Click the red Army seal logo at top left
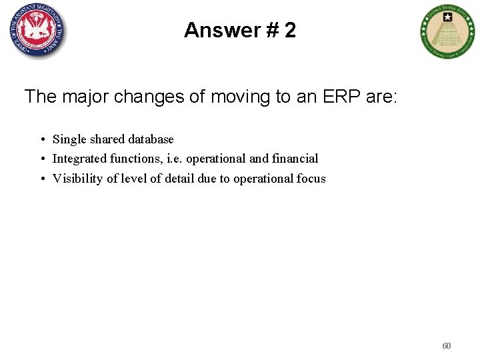pos(38,30)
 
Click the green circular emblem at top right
pos(448,31)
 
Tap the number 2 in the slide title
pos(289,30)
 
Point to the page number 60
pos(446,346)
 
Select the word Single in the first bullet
pos(69,139)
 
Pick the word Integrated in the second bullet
pos(81,159)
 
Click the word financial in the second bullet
pos(295,159)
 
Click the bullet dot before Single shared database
pos(42,140)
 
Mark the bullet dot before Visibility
pos(42,179)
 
